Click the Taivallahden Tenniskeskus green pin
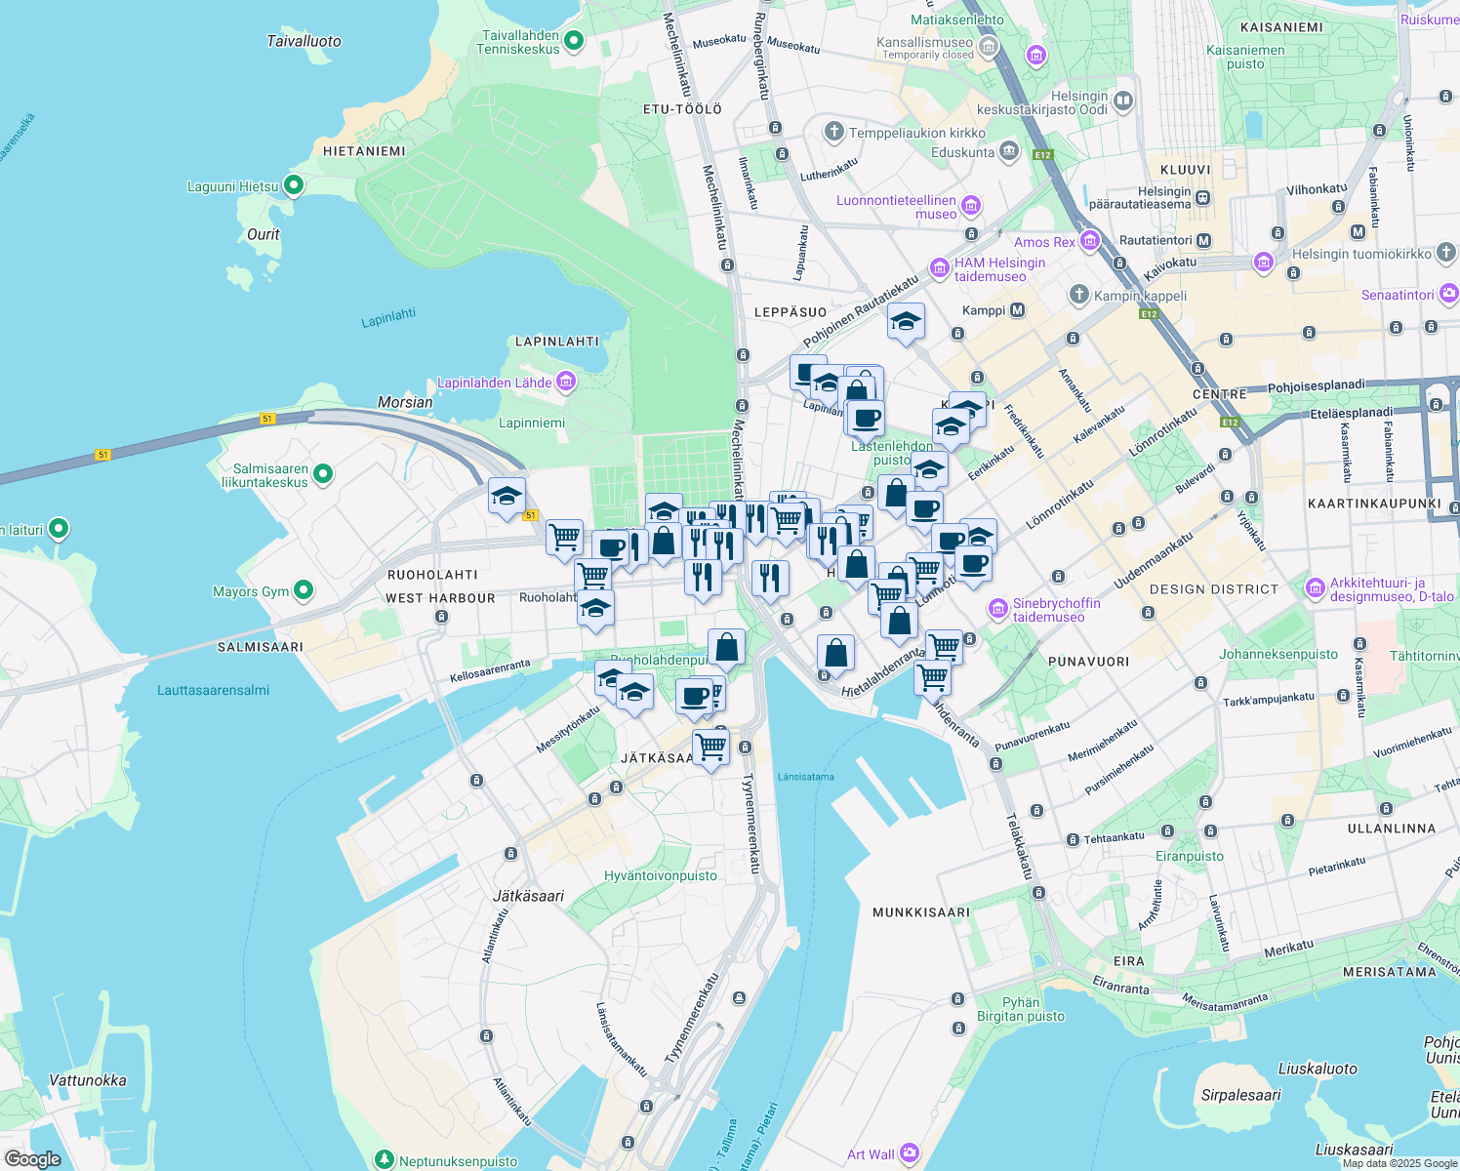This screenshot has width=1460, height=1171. [x=574, y=41]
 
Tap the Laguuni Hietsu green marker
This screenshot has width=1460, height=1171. [x=293, y=185]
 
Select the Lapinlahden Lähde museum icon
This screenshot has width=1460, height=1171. [x=565, y=382]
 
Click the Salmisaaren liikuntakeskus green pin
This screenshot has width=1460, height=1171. [x=323, y=474]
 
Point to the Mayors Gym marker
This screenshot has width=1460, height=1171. [x=304, y=590]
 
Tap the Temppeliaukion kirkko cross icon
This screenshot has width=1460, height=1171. [x=833, y=132]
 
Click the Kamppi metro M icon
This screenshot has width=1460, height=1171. [x=1018, y=310]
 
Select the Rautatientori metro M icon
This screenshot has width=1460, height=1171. [x=1203, y=240]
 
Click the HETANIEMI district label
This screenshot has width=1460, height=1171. [x=364, y=151]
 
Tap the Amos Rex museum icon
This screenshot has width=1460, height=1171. [x=1090, y=241]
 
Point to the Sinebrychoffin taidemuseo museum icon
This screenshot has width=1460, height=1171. [x=997, y=610]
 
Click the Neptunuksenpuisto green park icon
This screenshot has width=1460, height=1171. [x=385, y=1160]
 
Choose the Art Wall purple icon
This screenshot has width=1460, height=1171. [x=910, y=1153]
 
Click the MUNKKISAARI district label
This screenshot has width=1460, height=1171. [x=920, y=912]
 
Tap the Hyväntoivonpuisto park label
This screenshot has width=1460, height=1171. [x=661, y=875]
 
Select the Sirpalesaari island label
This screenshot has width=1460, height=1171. [x=1240, y=1095]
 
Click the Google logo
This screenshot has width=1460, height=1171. [x=32, y=1159]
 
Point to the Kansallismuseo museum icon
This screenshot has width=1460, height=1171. [x=989, y=47]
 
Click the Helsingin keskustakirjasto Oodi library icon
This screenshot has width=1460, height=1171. [x=1123, y=101]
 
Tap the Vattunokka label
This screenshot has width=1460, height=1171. [x=88, y=1080]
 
